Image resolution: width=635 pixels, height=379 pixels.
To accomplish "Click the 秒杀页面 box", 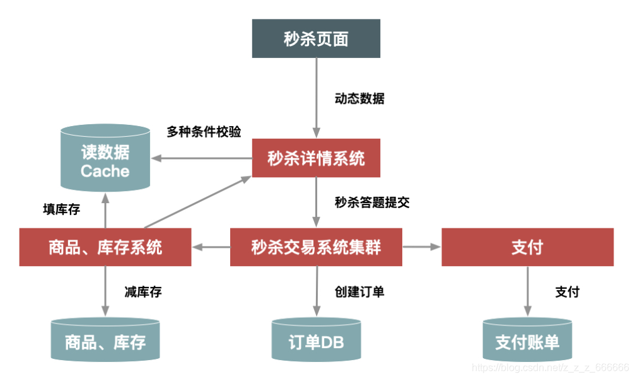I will [316, 38].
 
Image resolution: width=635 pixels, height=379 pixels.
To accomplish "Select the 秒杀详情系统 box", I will [316, 158].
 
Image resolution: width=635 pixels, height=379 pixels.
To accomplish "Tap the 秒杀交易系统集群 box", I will [316, 247].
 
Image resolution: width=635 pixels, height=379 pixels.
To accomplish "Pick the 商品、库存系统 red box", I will [105, 247].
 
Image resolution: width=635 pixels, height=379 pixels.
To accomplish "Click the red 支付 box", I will [527, 247].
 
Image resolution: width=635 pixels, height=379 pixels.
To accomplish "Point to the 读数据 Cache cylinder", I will [105, 161].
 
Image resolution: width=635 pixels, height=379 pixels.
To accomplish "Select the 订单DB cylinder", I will [316, 341].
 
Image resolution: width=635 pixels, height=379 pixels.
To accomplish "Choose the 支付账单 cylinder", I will [527, 341].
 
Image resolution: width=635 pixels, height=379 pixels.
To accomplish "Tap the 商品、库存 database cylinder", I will [105, 341].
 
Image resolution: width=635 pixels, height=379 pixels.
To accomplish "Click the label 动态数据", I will [359, 98].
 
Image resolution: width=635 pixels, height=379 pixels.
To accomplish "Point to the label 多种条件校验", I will [204, 132].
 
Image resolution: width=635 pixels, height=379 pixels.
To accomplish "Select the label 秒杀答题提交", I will [373, 203].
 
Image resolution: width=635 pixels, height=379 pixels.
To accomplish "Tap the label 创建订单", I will [359, 292].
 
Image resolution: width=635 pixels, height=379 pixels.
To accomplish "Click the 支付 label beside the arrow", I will [567, 292].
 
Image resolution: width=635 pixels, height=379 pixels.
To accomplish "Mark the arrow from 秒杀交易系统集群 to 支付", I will [421, 247].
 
